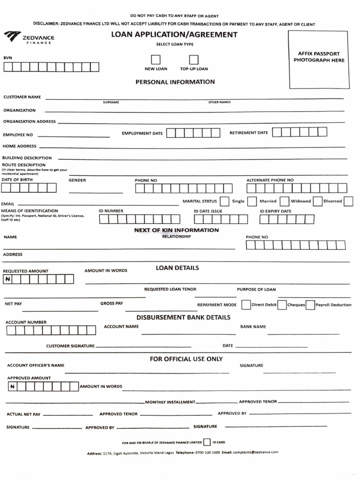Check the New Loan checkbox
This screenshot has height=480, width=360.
(x=156, y=60)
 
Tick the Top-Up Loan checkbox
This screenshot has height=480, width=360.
(x=194, y=60)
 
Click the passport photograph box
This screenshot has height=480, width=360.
(x=318, y=60)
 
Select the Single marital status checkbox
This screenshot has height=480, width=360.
(x=225, y=201)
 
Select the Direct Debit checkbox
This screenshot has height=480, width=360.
(x=246, y=305)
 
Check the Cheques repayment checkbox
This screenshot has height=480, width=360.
(x=282, y=305)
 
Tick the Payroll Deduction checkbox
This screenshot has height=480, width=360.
(x=310, y=305)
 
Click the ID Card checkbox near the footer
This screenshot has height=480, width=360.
(x=207, y=442)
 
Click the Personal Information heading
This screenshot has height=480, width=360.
(x=175, y=82)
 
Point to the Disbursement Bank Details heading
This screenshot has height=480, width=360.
(x=183, y=317)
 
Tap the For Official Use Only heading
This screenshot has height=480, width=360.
(x=186, y=359)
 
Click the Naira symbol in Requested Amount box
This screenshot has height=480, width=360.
(x=8, y=279)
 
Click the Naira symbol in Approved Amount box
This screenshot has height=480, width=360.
(x=13, y=387)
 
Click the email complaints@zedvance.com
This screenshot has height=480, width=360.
(x=256, y=452)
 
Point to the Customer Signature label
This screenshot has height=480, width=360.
(x=70, y=346)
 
